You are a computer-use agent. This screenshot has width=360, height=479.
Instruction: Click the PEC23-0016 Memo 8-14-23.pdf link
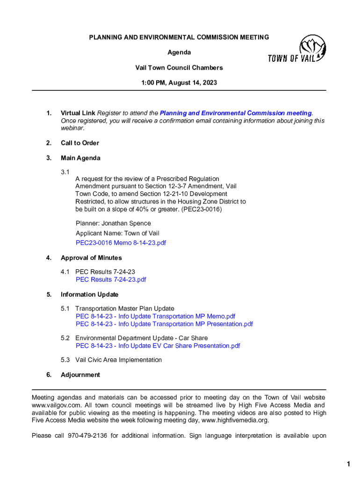(x=121, y=243)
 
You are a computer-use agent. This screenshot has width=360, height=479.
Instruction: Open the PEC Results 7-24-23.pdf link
(x=111, y=280)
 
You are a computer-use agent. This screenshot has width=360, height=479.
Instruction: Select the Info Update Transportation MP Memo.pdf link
(x=155, y=316)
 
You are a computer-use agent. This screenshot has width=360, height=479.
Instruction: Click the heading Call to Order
(x=80, y=143)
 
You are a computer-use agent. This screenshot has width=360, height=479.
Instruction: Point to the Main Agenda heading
(x=80, y=158)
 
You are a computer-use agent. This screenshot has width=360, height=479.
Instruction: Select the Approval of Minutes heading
(x=91, y=258)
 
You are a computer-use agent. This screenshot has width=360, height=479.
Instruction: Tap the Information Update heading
(x=89, y=295)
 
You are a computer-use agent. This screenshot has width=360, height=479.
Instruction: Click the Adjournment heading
(x=80, y=375)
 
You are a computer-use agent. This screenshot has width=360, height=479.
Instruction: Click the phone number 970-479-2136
(x=87, y=435)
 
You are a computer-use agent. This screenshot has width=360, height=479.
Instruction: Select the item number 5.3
(x=65, y=360)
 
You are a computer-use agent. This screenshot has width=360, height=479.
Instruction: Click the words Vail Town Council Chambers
(x=179, y=68)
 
